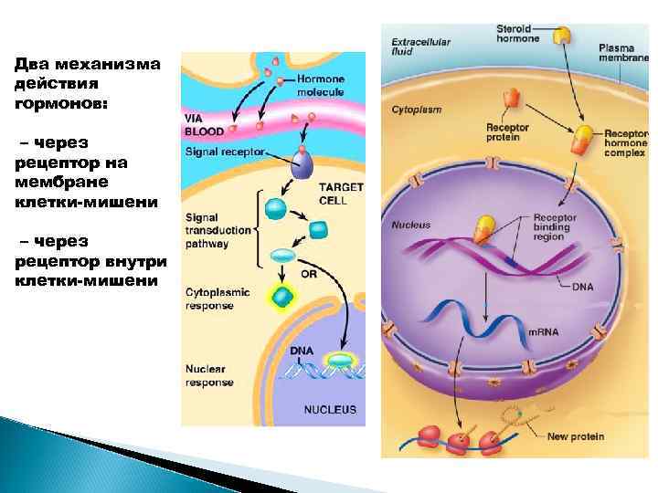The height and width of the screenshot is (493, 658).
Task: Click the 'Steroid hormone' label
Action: pyautogui.click(x=516, y=34)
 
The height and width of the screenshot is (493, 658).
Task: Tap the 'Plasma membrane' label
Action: pyautogui.click(x=625, y=52)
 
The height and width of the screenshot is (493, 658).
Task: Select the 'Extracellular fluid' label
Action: pyautogui.click(x=415, y=47)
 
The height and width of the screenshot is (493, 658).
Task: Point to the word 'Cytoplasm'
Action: pyautogui.click(x=416, y=110)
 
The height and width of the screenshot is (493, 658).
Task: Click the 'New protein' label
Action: pyautogui.click(x=576, y=436)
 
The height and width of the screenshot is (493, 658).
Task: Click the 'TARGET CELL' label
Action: pyautogui.click(x=340, y=194)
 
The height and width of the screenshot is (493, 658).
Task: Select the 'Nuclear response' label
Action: pyautogui.click(x=209, y=376)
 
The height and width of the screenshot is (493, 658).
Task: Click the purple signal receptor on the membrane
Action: pyautogui.click(x=302, y=163)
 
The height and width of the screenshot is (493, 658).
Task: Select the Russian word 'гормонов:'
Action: pyautogui.click(x=60, y=104)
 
